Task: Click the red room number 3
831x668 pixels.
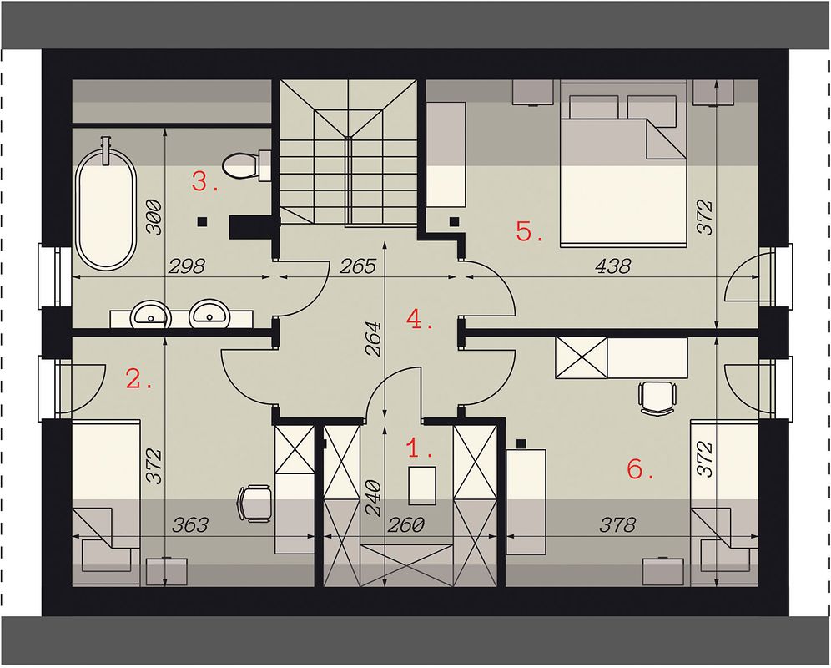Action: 204,181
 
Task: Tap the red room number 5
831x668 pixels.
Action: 530,231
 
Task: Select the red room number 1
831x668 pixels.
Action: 420,448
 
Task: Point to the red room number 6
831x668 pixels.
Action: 640,469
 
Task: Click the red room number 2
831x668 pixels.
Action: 138,379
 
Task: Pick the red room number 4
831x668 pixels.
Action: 420,319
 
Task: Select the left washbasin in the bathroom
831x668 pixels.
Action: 151,314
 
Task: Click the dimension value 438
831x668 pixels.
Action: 613,266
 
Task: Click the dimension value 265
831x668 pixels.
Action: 357,266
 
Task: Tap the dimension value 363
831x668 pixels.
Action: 190,524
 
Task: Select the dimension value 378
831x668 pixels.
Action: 617,524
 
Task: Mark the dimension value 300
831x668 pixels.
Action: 154,217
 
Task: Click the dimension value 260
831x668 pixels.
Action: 406,524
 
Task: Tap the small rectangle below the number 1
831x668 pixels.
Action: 422,485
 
